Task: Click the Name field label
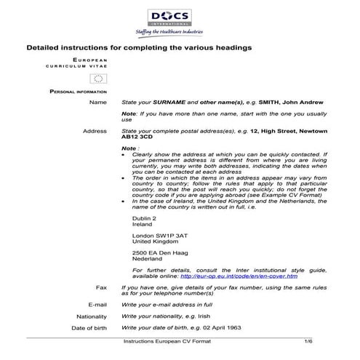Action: click(97, 103)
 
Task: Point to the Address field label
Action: click(95, 131)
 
